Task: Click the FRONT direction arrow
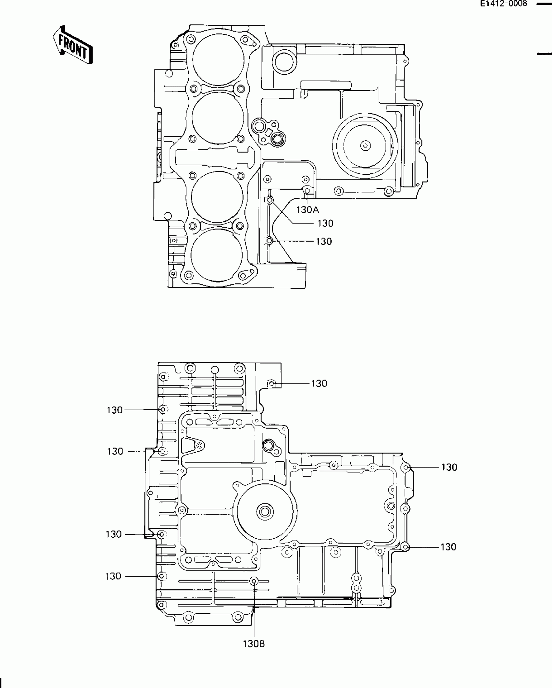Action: [x=73, y=45]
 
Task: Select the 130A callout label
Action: [x=307, y=210]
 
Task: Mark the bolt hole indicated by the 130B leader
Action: [x=254, y=581]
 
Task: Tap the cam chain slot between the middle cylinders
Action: [x=216, y=157]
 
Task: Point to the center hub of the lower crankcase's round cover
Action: [x=265, y=512]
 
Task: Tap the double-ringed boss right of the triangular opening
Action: [x=269, y=445]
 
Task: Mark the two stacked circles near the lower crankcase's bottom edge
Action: [x=356, y=583]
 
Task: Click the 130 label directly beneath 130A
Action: [x=325, y=224]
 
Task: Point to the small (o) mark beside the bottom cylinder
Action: [x=173, y=241]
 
